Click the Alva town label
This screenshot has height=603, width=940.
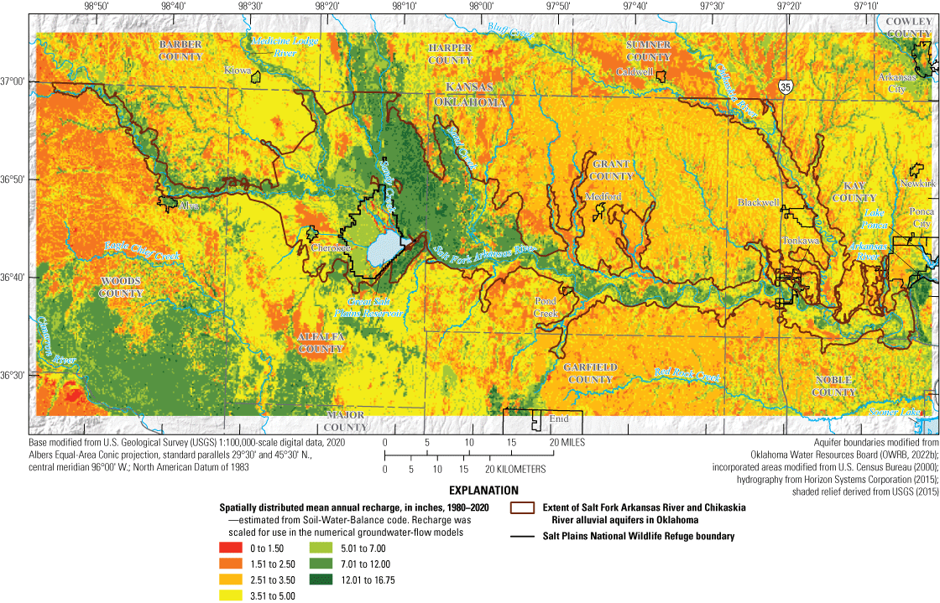click(189, 205)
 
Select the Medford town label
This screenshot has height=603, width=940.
click(603, 196)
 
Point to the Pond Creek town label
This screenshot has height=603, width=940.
click(546, 307)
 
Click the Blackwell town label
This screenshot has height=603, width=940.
click(758, 202)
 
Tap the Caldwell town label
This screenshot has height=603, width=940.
click(634, 72)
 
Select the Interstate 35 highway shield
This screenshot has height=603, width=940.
click(784, 86)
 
